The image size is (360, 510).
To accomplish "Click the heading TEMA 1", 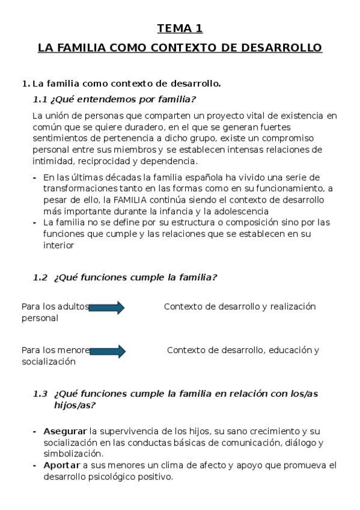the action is pos(180,28).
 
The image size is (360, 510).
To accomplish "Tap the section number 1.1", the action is pos(40,99).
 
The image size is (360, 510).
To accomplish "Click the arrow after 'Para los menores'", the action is pos(108,351).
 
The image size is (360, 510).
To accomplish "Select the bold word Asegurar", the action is pos(65,432).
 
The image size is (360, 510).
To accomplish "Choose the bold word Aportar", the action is pos(62,465).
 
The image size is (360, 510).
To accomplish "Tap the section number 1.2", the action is pos(40,277).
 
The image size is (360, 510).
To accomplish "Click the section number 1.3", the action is pos(40,394).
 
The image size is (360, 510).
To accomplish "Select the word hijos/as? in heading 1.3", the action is pos(74,405).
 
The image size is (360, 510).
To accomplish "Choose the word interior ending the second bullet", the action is pos(58,245).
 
